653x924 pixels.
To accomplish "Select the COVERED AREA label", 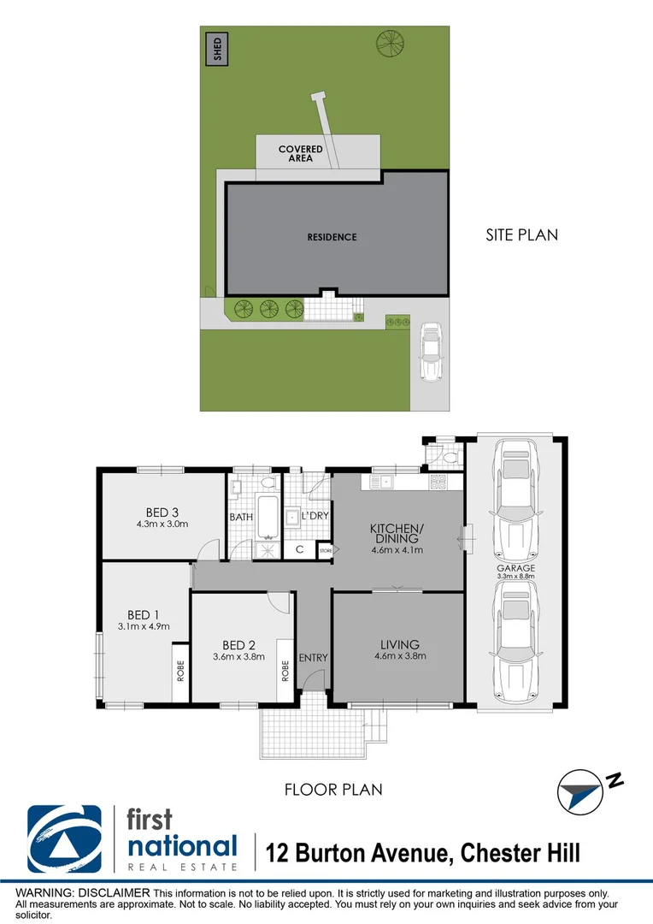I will [301, 154].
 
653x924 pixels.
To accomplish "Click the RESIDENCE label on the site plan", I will [332, 237].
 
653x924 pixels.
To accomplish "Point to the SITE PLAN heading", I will [521, 234].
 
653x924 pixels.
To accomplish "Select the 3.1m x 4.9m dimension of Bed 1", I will [144, 626].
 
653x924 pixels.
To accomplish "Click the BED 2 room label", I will [239, 645].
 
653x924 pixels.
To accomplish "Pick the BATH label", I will [239, 518].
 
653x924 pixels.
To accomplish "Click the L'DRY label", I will [315, 516].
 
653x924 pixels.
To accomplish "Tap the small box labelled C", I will [299, 550].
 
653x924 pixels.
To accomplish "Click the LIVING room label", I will [399, 644].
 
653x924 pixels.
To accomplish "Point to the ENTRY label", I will [313, 657].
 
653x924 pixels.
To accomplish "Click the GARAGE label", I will [515, 567].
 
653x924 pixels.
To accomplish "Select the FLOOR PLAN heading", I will [333, 790].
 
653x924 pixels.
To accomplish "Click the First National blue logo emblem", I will [64, 840].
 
